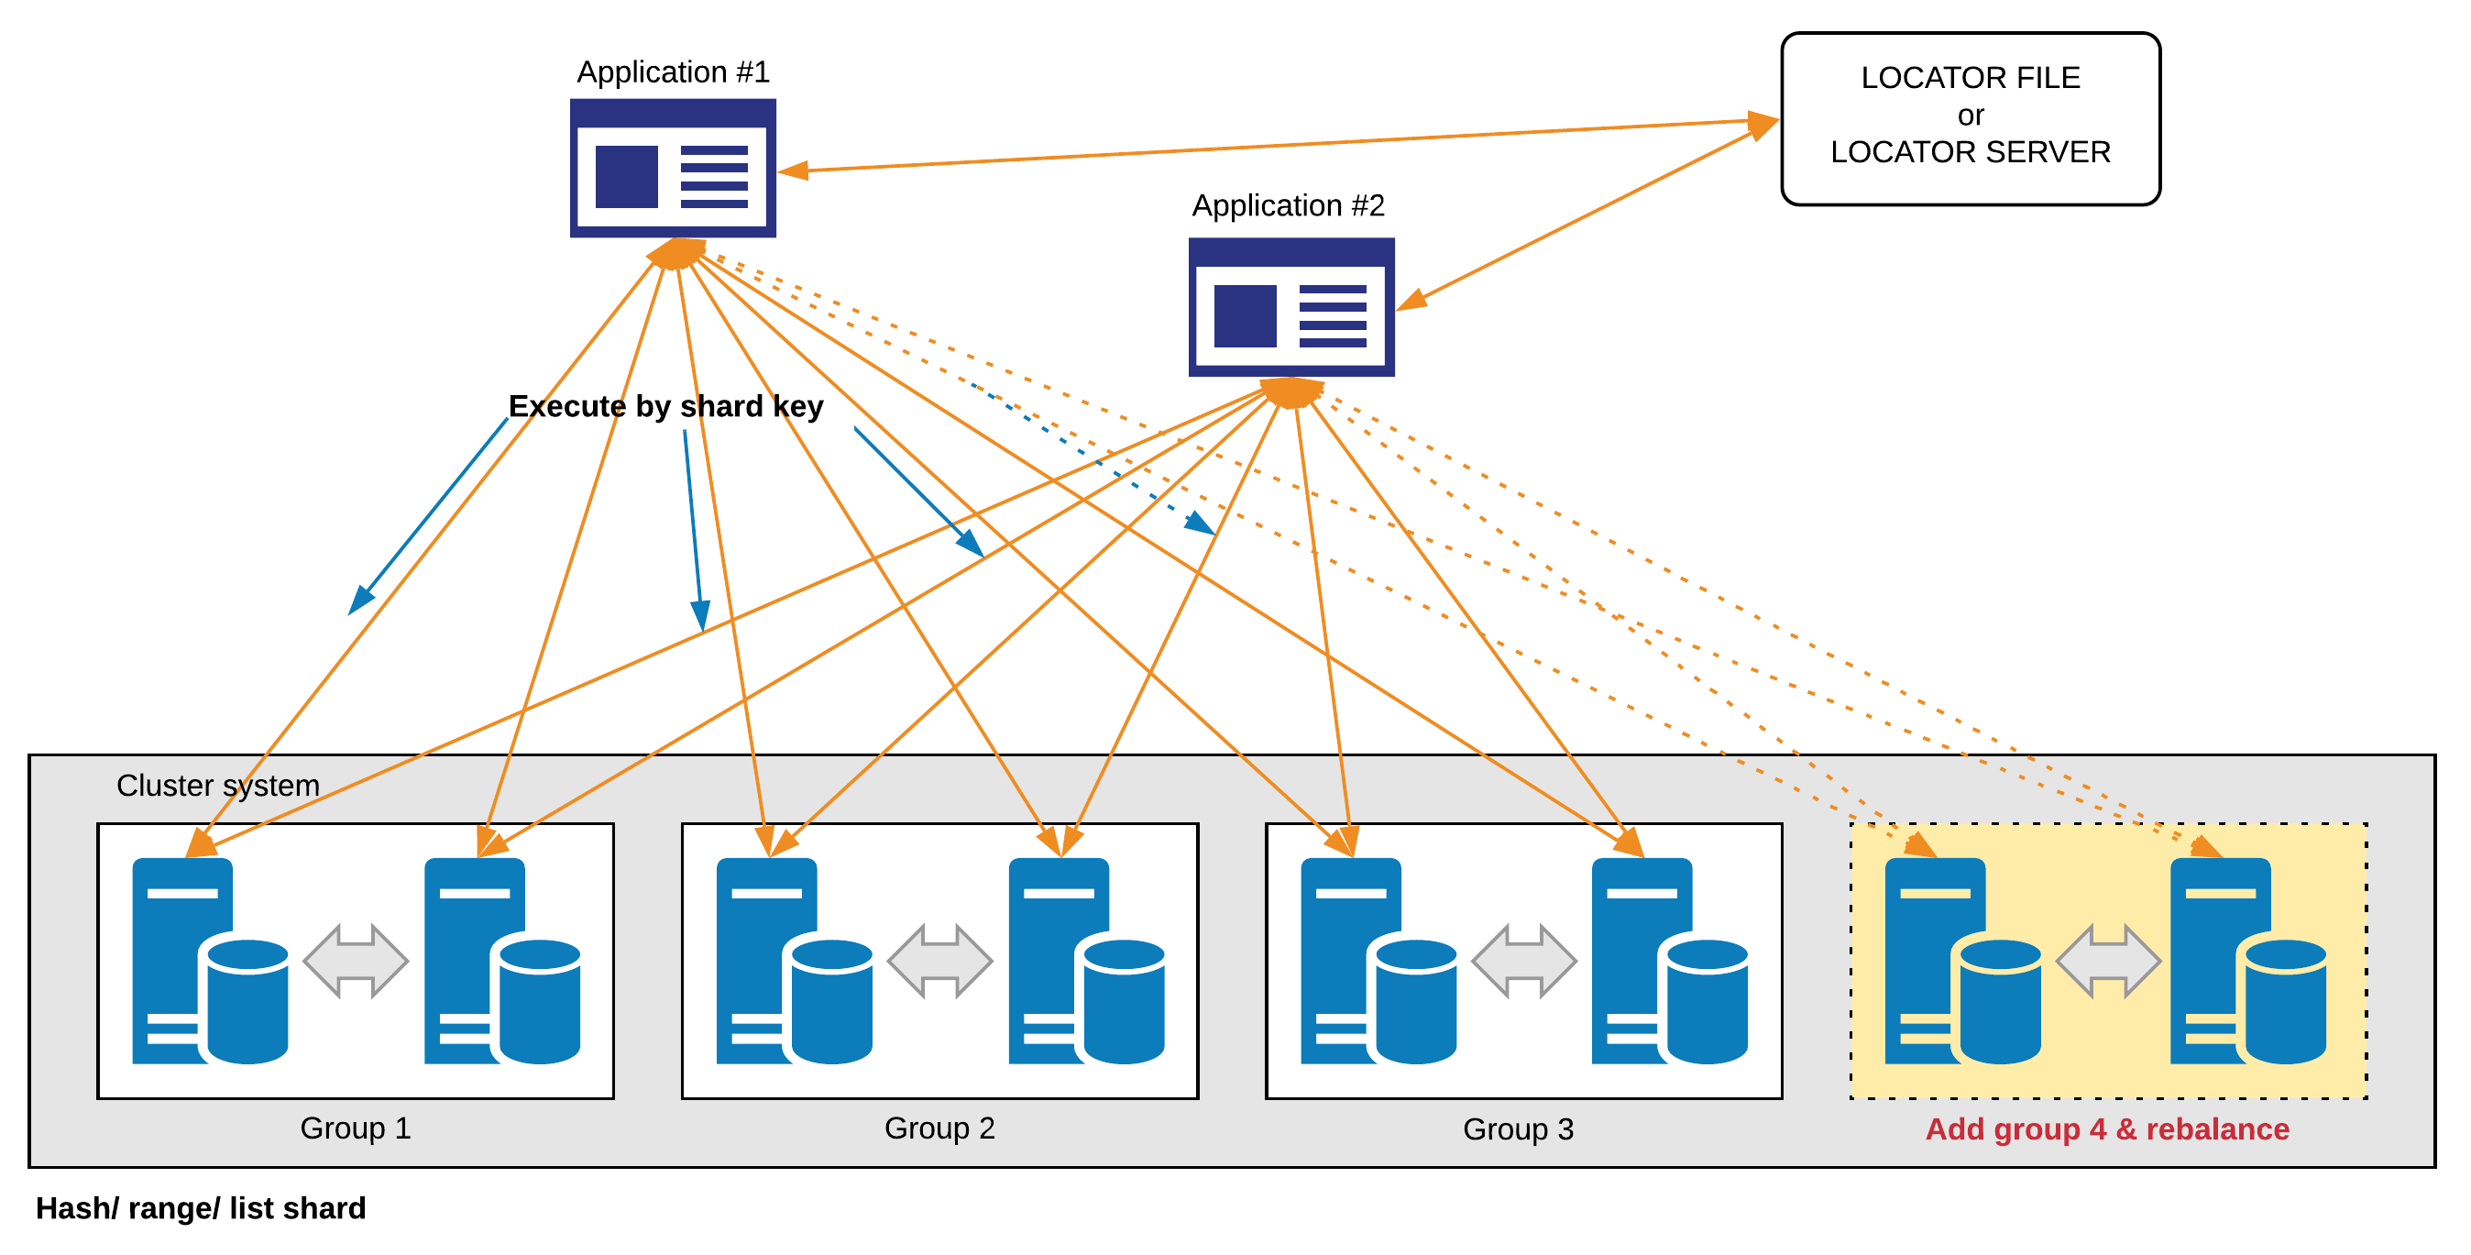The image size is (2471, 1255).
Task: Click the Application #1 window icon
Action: [x=673, y=168]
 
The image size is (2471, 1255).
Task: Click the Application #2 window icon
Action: [x=1291, y=307]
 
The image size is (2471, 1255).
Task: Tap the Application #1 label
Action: [x=673, y=72]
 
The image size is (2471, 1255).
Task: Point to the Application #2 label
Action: [x=1289, y=205]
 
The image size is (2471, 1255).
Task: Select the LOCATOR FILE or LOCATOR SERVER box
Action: [x=1971, y=119]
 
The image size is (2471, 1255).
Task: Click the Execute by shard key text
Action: [x=665, y=407]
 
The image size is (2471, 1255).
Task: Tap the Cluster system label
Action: [x=218, y=786]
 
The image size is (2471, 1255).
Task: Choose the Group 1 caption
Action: [x=355, y=1128]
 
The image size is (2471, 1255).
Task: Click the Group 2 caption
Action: [x=939, y=1128]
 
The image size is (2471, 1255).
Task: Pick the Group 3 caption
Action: [x=1518, y=1129]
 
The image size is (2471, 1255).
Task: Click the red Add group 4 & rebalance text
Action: [x=2106, y=1129]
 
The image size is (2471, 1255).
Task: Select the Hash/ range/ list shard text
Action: [x=201, y=1208]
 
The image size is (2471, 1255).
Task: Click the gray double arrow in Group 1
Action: [x=355, y=961]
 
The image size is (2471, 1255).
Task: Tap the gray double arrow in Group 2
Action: [x=939, y=961]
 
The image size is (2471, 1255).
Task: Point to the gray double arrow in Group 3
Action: [x=1523, y=961]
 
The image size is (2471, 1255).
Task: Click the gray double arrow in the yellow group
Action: [x=2107, y=961]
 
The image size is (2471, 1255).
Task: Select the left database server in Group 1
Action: [x=210, y=961]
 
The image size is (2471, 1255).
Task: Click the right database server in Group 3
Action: [x=1669, y=961]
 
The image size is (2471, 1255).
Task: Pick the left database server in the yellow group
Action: [x=1962, y=961]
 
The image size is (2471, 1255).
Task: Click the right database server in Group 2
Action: [x=1087, y=961]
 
